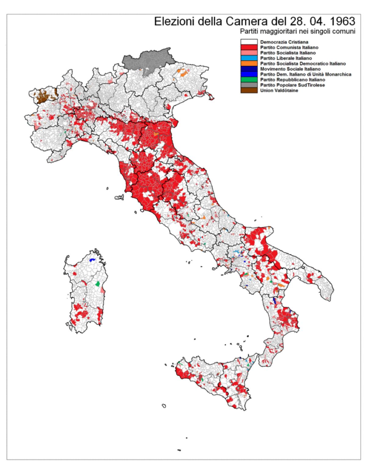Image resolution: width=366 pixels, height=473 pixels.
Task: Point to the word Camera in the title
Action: tap(247, 22)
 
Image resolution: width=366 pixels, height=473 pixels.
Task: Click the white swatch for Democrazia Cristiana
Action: tap(249, 42)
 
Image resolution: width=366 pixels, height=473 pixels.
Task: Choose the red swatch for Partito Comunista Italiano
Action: tap(249, 48)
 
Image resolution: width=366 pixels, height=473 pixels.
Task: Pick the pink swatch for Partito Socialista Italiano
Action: tap(249, 53)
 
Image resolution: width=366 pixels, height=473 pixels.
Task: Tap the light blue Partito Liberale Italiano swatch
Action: tap(249, 58)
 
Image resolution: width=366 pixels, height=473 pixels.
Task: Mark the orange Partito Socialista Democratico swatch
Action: tap(249, 63)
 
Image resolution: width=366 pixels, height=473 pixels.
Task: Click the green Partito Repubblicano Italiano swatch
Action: tap(249, 80)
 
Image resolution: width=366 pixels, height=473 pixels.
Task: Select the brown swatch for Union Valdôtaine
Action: tap(249, 90)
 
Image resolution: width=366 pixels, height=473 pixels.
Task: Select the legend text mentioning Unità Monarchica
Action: tap(305, 74)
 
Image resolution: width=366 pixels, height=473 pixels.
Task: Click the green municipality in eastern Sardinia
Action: tap(98, 283)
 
